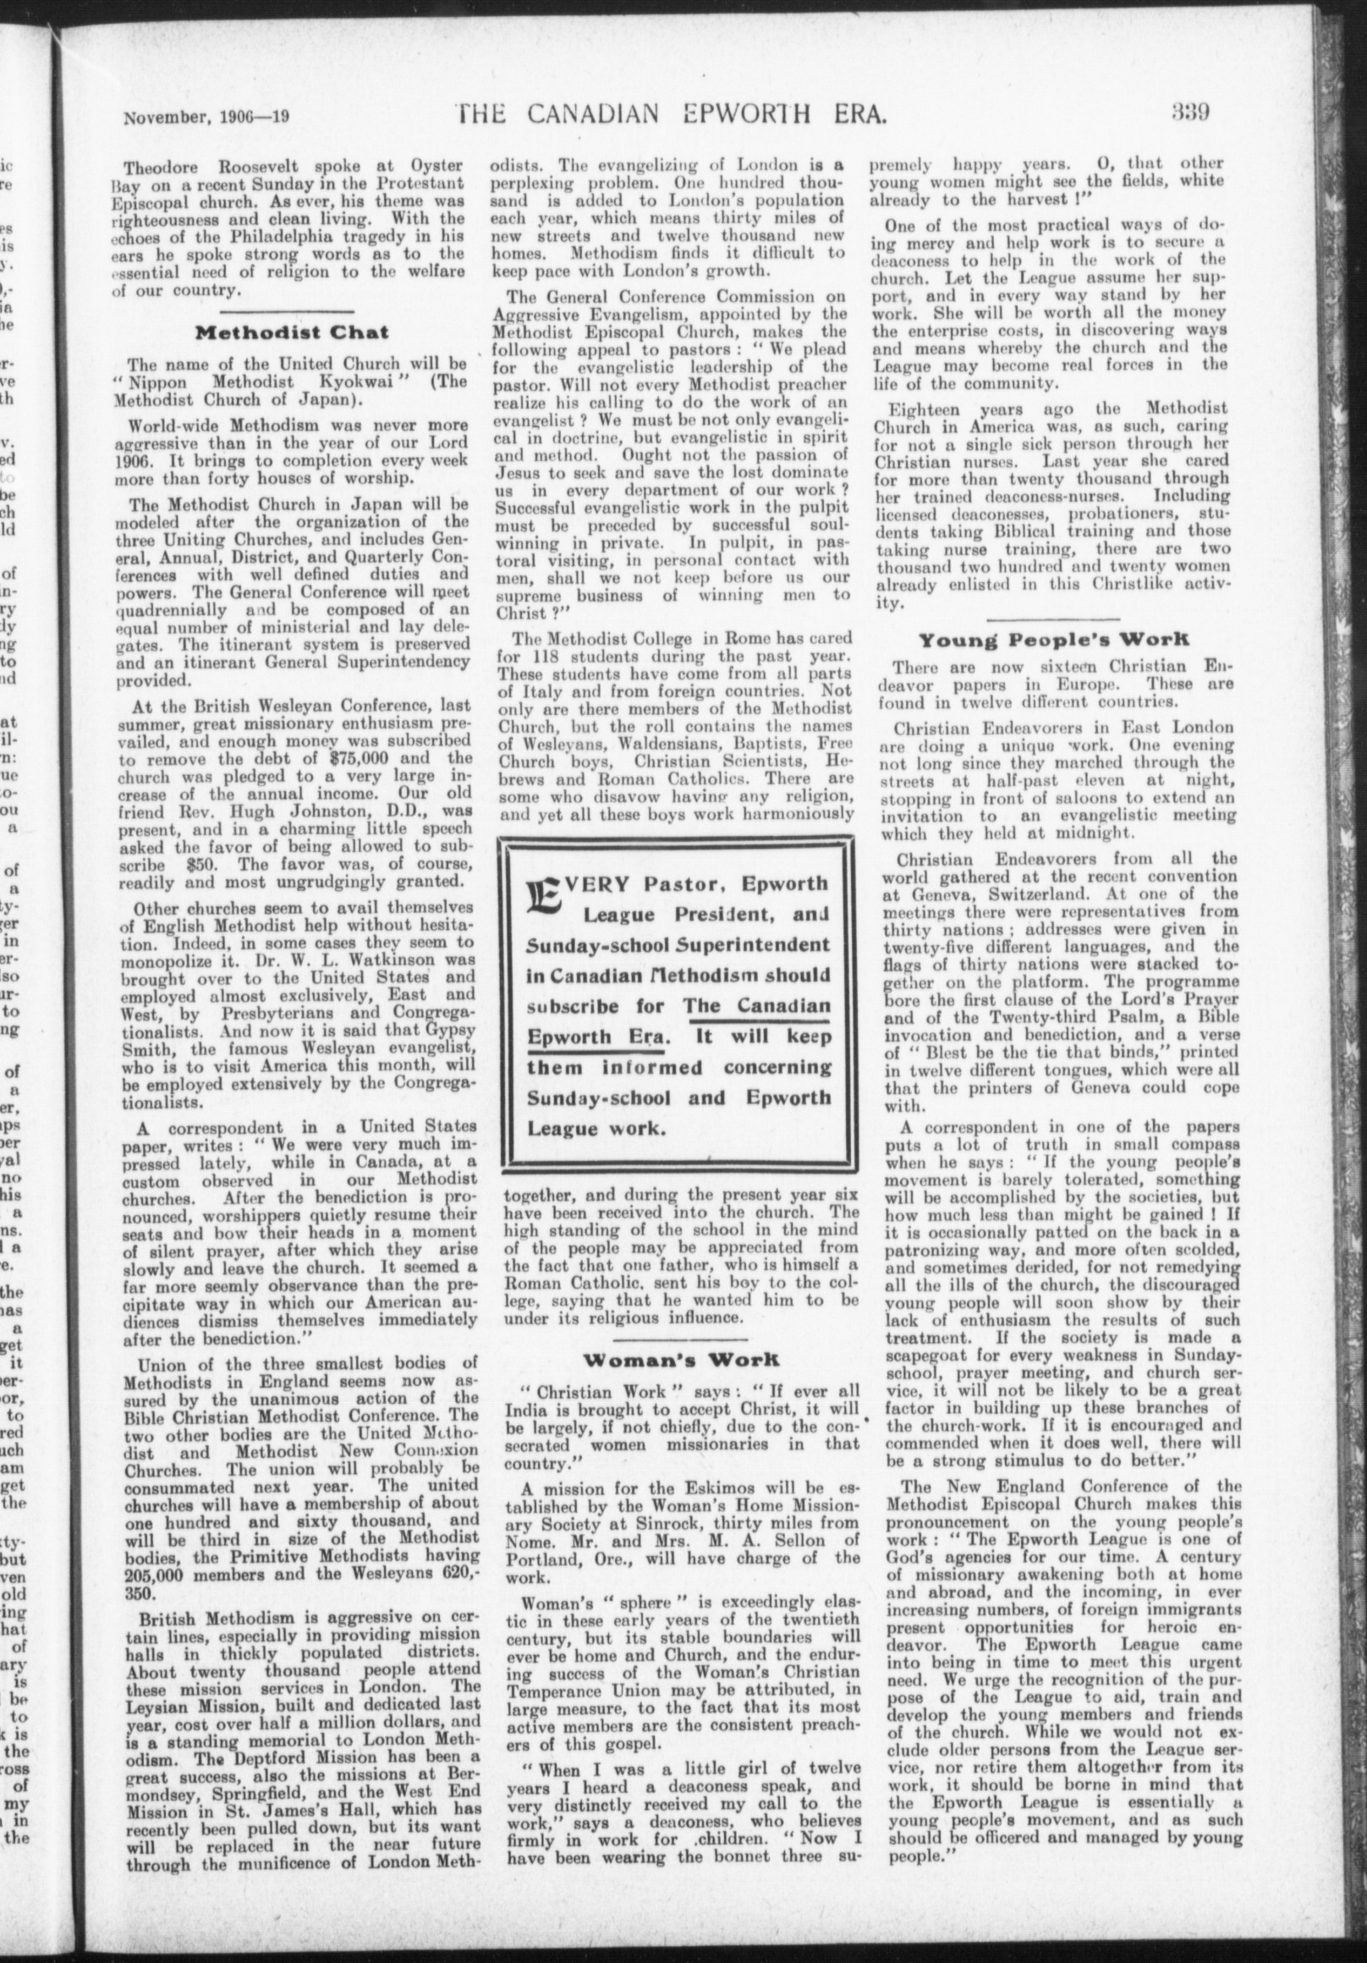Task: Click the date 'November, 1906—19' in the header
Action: pyautogui.click(x=207, y=115)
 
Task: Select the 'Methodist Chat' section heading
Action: pyautogui.click(x=293, y=332)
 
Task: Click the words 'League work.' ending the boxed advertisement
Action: pyautogui.click(x=596, y=1128)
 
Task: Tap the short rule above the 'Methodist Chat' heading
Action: pyautogui.click(x=293, y=311)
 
